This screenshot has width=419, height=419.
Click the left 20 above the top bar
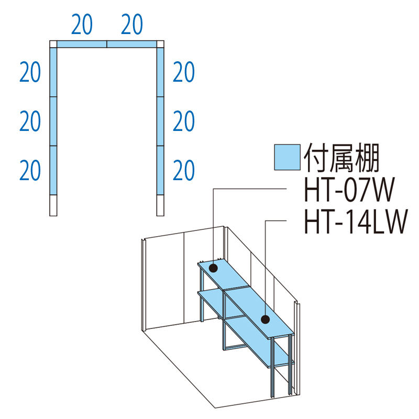tap(82, 25)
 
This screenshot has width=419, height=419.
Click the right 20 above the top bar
tap(131, 25)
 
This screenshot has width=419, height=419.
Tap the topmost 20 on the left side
tap(30, 72)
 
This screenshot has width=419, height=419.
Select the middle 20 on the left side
tap(30, 122)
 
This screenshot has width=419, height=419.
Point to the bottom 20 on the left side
tap(30, 171)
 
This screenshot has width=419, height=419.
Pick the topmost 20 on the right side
tap(184, 72)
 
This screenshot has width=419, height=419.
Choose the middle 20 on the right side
tap(184, 122)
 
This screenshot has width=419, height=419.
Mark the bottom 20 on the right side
tap(184, 171)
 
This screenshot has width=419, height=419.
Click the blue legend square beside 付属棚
tap(286, 157)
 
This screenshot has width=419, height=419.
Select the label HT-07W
tap(347, 192)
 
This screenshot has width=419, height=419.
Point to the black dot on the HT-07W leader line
tap(213, 269)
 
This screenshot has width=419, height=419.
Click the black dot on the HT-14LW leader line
tap(266, 319)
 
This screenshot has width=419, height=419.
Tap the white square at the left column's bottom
tap(53, 205)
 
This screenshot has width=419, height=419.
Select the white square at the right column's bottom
tap(160, 205)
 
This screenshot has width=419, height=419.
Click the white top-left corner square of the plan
tap(53, 44)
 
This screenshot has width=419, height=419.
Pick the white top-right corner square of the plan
tap(160, 44)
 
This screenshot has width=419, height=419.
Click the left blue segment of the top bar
tap(82, 44)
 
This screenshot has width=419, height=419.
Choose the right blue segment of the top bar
tap(132, 44)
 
